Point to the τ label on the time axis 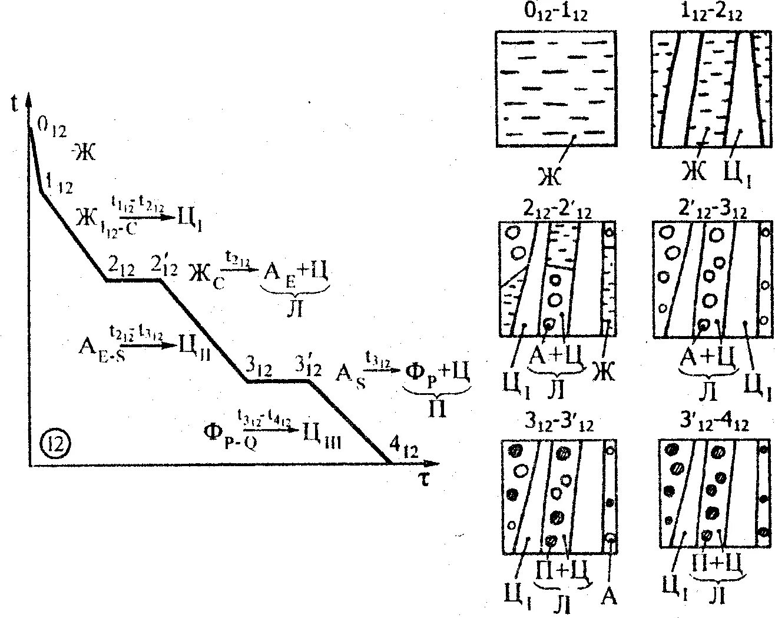point(423,479)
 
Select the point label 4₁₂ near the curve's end point(403,451)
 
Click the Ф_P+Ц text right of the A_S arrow point(436,374)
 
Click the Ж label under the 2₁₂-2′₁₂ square point(604,371)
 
